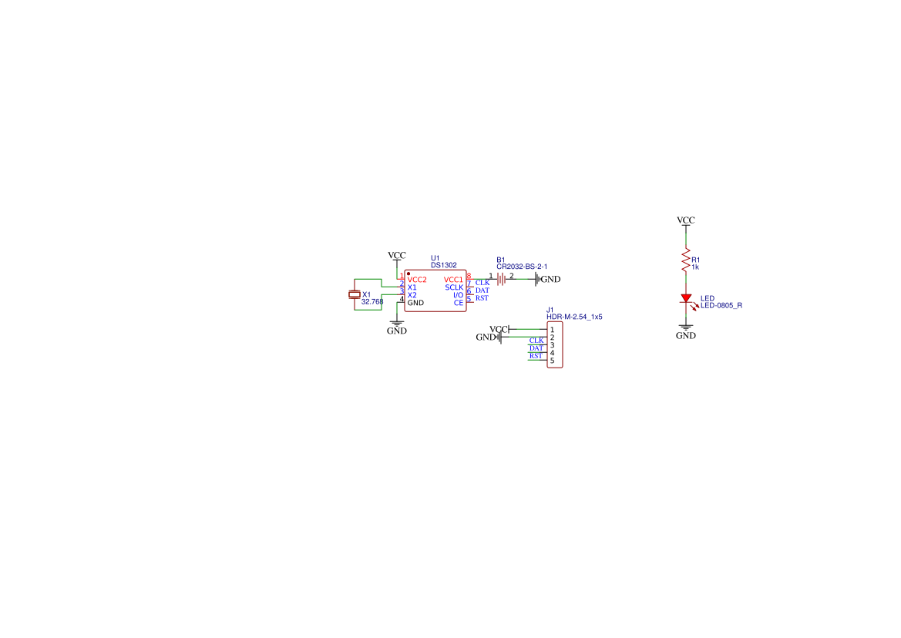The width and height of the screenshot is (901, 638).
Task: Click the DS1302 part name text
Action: tap(444, 265)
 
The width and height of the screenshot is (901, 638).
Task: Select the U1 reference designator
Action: tap(435, 258)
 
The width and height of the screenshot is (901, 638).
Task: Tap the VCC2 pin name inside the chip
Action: tap(417, 280)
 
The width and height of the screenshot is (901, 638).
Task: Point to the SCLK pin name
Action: tap(454, 287)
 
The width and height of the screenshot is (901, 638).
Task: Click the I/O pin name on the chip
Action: tap(458, 295)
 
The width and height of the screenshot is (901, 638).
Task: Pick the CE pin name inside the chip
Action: tap(459, 303)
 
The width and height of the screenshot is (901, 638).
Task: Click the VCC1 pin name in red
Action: tap(453, 280)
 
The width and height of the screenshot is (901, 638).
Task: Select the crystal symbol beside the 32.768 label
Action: tap(355, 294)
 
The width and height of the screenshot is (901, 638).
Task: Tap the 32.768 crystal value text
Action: tap(372, 301)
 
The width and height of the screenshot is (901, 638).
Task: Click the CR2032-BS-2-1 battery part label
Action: tap(522, 267)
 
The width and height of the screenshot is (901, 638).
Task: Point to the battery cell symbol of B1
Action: tap(502, 279)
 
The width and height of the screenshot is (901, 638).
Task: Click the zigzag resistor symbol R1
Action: tap(685, 260)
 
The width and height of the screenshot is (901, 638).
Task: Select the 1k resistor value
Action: tap(695, 267)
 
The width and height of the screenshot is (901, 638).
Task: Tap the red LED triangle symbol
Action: tap(686, 298)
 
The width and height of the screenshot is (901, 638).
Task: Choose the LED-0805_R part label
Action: tap(721, 305)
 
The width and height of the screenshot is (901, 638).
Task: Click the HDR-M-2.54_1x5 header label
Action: tap(574, 317)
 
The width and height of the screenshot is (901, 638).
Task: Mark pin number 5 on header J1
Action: tap(552, 361)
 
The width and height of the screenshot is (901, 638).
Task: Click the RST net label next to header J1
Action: tap(536, 356)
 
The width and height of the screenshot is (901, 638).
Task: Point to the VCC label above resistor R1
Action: tap(685, 220)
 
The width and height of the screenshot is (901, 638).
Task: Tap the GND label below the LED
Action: tap(685, 335)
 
